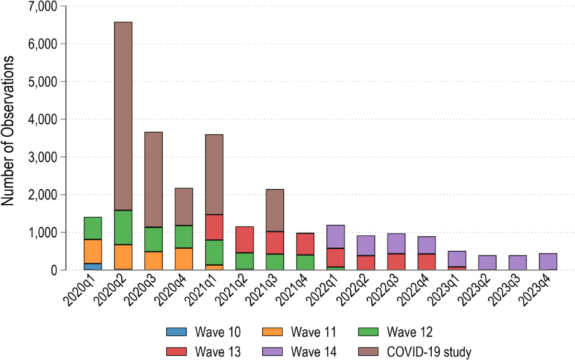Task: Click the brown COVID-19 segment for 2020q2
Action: click(123, 116)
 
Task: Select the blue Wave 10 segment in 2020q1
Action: click(93, 267)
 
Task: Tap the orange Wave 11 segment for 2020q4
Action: click(184, 259)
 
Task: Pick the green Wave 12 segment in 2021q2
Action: click(245, 261)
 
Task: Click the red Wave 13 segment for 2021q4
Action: click(305, 244)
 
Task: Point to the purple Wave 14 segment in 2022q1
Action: click(335, 237)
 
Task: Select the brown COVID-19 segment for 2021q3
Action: click(275, 210)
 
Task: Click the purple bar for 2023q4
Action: click(548, 262)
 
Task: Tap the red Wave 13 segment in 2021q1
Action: click(214, 227)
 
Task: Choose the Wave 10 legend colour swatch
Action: click(176, 332)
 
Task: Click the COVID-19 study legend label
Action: click(429, 352)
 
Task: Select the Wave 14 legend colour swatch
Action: click(272, 351)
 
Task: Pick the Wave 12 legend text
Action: click(410, 332)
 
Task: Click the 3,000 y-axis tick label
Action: click(43, 157)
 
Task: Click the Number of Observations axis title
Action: click(7, 131)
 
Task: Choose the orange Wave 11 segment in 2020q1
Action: click(93, 252)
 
